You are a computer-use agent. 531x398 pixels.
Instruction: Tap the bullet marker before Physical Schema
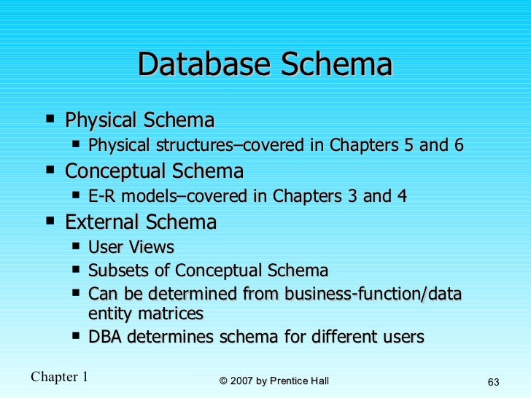coord(49,117)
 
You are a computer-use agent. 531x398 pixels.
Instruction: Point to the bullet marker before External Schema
coord(49,219)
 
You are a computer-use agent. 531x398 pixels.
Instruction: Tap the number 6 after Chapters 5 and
coord(458,145)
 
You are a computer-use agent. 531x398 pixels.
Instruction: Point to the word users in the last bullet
coord(403,337)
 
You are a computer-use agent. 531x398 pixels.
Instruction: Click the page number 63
coord(492,383)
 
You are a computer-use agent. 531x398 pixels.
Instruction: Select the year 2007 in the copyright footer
coord(241,380)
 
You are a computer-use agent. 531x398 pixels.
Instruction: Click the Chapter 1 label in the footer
coord(59,376)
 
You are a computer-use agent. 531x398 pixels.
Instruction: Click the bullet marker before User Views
coord(77,246)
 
